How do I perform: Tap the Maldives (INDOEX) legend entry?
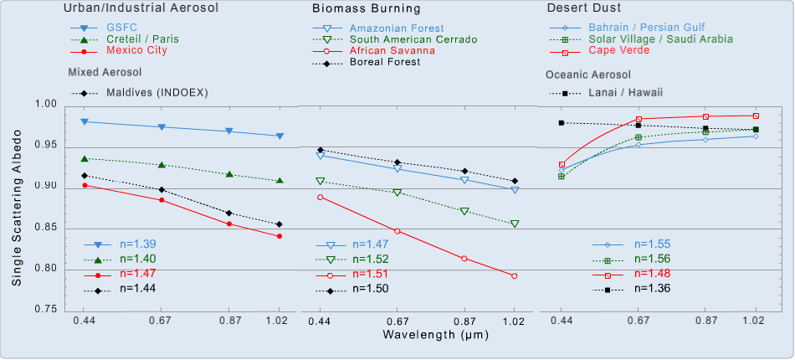pos(156,92)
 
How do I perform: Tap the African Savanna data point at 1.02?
pos(514,276)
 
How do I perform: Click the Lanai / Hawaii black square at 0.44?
pos(562,122)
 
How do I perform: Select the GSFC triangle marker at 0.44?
pos(84,121)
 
